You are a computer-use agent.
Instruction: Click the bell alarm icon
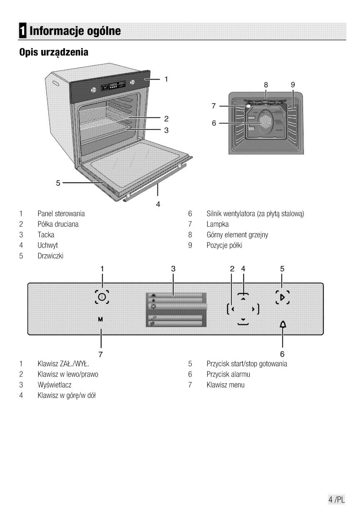click(x=283, y=325)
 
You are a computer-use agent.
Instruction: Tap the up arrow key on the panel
click(x=243, y=299)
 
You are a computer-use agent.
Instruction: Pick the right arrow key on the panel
click(x=253, y=310)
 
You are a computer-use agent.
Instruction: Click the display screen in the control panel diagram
click(x=175, y=309)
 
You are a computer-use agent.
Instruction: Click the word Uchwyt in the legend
click(x=47, y=246)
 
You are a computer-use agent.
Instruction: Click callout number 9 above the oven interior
click(x=293, y=84)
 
